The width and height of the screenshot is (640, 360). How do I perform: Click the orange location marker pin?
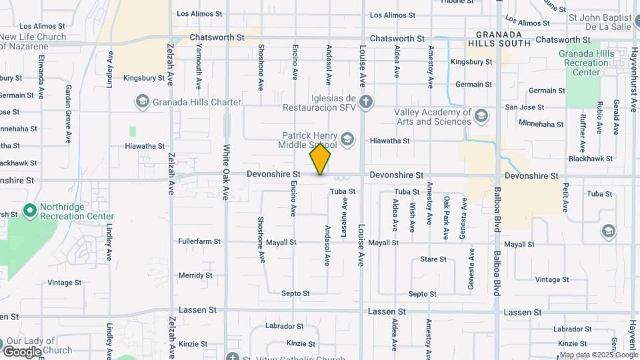[x=320, y=159]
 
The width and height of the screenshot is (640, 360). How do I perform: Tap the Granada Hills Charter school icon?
[x=141, y=101]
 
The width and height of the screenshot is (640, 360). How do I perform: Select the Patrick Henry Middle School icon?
[x=347, y=139]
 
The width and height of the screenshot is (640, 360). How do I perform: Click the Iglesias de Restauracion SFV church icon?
[x=365, y=101]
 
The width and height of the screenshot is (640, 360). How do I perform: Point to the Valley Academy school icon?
[x=481, y=117]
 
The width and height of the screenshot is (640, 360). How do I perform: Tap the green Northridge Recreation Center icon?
[x=29, y=211]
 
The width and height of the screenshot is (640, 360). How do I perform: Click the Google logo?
[x=22, y=351]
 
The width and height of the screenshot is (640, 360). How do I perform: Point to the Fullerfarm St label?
[x=199, y=241]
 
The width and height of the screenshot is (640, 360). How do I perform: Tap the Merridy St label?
[x=195, y=275]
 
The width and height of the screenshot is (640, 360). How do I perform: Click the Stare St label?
[x=433, y=259]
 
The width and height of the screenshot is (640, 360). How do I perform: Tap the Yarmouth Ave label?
[x=198, y=66]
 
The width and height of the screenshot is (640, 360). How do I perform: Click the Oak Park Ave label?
[x=446, y=217]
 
